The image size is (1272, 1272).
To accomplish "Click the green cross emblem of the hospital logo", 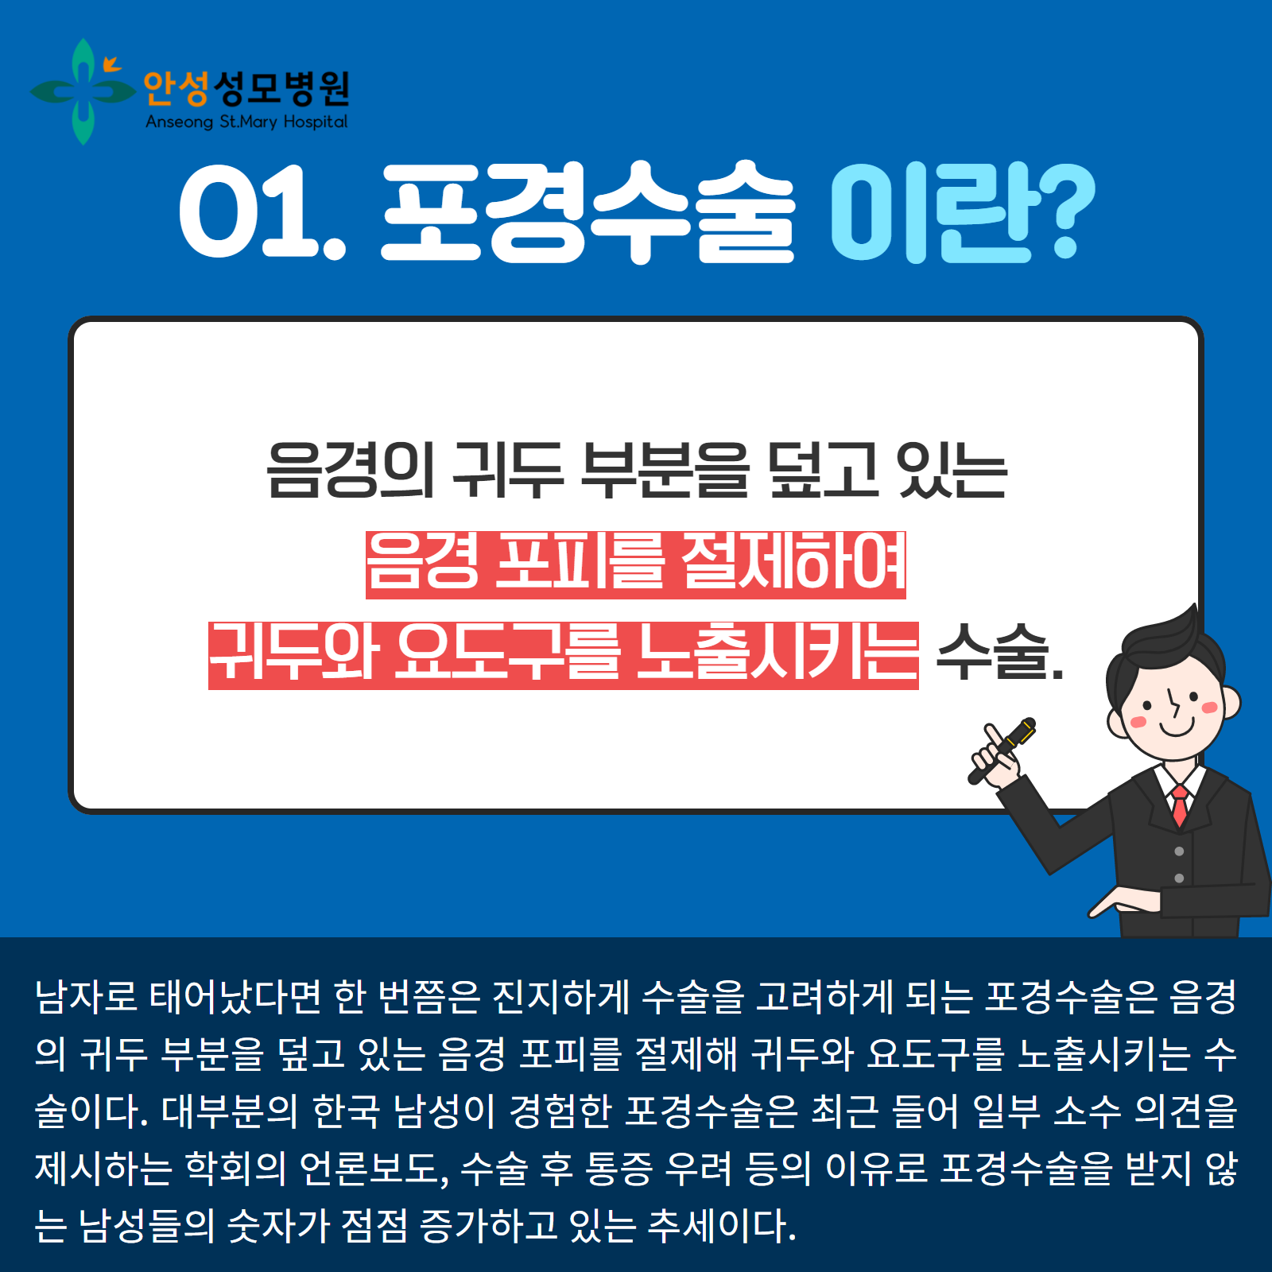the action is tap(83, 91).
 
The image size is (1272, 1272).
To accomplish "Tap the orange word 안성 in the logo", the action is tap(176, 88).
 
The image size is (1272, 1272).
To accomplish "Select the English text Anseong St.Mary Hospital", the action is tap(246, 122).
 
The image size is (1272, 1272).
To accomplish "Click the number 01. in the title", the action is tap(263, 211).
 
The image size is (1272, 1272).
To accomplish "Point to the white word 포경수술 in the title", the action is tap(588, 211).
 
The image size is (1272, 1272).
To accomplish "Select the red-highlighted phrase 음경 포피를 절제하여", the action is tap(636, 564).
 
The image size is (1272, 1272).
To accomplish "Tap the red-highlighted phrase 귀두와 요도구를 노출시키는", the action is tap(563, 655).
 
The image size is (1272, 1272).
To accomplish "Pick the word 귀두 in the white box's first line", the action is tap(506, 471).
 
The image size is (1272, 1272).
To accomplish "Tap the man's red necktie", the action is tap(1180, 805).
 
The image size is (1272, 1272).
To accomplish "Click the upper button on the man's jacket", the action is tap(1179, 851).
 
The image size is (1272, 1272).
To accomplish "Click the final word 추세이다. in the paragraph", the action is tap(722, 1225).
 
